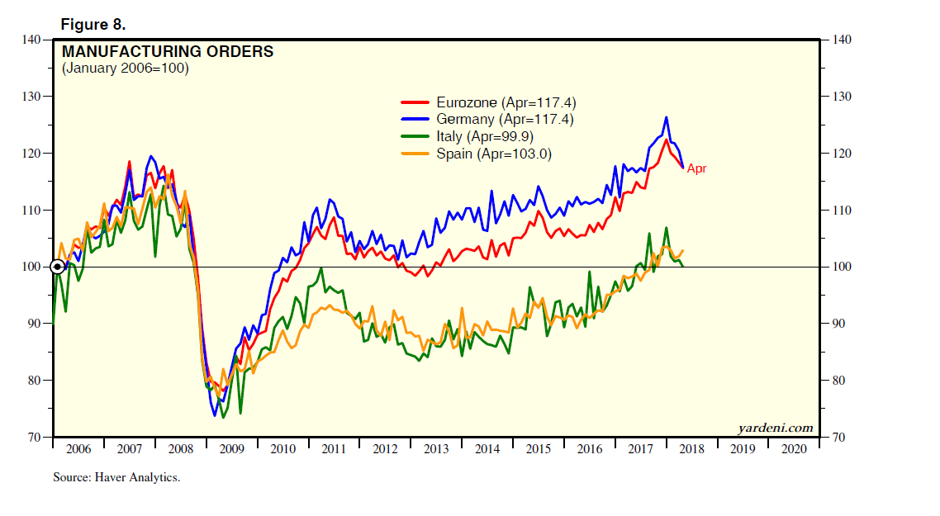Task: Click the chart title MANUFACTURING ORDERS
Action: click(x=168, y=52)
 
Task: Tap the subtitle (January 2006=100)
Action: click(x=126, y=69)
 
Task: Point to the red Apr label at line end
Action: click(x=696, y=168)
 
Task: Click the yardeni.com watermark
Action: click(x=775, y=428)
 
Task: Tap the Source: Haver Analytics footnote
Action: click(x=116, y=477)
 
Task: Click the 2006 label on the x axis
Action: click(x=78, y=449)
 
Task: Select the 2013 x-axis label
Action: click(x=436, y=449)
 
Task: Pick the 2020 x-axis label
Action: click(x=793, y=449)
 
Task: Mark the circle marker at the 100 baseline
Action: click(x=58, y=267)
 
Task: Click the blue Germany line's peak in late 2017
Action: click(x=666, y=117)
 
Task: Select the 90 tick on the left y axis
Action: click(x=33, y=324)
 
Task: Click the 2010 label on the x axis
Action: click(x=283, y=449)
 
